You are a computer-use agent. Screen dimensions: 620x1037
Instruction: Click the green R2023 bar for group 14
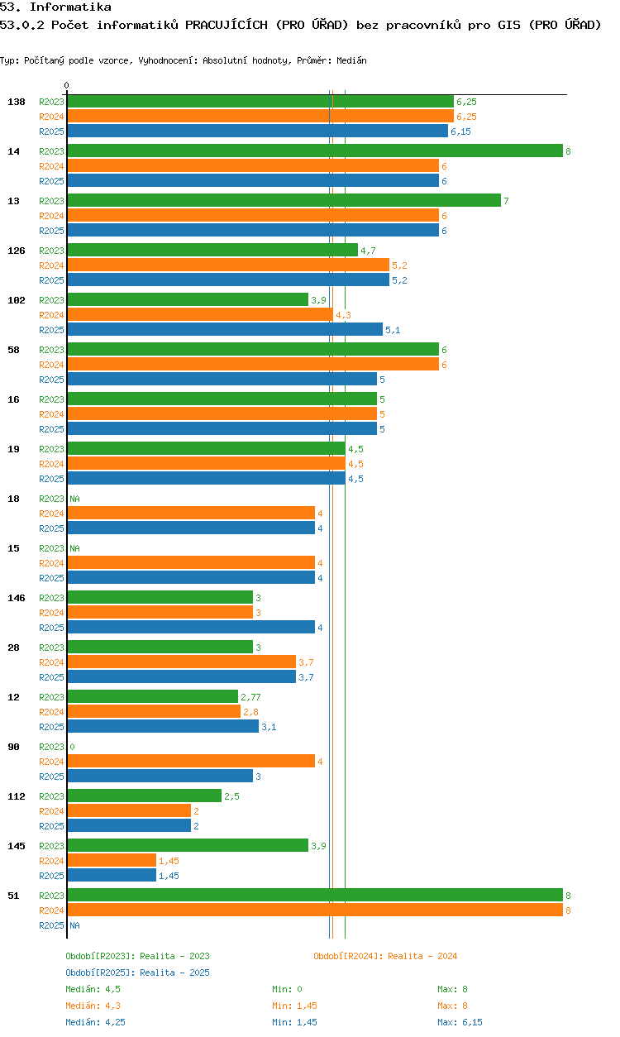pos(315,151)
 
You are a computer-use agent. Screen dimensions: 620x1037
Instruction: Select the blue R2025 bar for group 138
pos(258,131)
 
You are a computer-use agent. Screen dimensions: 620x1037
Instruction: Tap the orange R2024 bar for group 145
pos(112,860)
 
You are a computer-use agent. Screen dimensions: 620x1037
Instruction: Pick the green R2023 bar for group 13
pos(284,200)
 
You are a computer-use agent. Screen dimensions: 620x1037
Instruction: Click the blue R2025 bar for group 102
pos(225,329)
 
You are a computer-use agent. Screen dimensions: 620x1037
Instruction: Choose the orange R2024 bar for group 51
pos(315,910)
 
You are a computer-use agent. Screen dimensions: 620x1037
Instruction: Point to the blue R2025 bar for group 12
pos(163,726)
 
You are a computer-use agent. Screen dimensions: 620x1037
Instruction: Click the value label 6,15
pos(460,131)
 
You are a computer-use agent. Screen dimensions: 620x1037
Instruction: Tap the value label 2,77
pos(250,697)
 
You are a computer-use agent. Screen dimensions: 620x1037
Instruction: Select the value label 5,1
pos(393,330)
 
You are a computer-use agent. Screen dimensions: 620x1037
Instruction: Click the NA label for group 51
pos(74,925)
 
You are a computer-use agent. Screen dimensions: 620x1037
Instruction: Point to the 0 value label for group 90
pos(72,747)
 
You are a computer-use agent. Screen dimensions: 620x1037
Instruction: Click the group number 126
pos(17,251)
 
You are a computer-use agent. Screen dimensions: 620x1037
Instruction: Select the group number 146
pos(17,598)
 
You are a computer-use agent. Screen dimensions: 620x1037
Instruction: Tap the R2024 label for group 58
pos(51,365)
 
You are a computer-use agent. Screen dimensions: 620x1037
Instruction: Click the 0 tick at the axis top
pos(67,85)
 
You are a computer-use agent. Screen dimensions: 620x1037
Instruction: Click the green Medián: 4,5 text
pos(93,989)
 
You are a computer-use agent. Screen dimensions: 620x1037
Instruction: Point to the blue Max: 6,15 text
pos(460,1022)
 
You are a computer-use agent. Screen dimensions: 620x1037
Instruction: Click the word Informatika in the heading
pos(70,7)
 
